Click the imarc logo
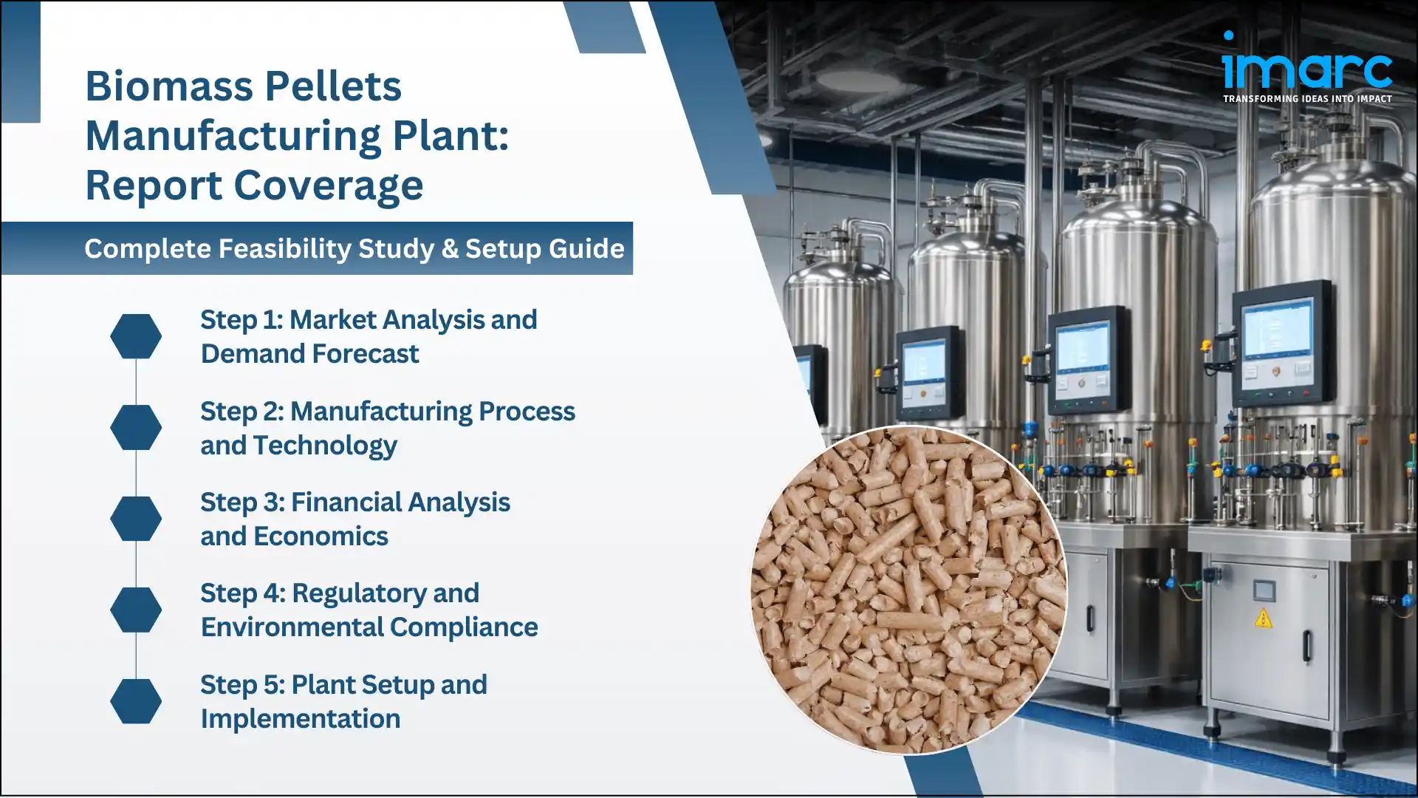pyautogui.click(x=1307, y=66)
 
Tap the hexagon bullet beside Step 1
pyautogui.click(x=136, y=336)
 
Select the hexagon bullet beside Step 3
pyautogui.click(x=136, y=519)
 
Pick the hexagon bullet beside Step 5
pyautogui.click(x=136, y=701)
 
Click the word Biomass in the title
pyautogui.click(x=170, y=86)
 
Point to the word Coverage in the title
pyautogui.click(x=329, y=185)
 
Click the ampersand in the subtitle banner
pyautogui.click(x=450, y=249)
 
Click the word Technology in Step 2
pyautogui.click(x=325, y=446)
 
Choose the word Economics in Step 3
pyautogui.click(x=321, y=536)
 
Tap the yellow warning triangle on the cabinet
pyautogui.click(x=1264, y=618)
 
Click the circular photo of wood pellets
pyautogui.click(x=909, y=590)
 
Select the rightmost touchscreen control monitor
pyautogui.click(x=1283, y=343)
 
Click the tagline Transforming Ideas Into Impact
pyautogui.click(x=1307, y=99)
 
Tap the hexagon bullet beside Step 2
pyautogui.click(x=136, y=427)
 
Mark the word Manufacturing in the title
pyautogui.click(x=233, y=136)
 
